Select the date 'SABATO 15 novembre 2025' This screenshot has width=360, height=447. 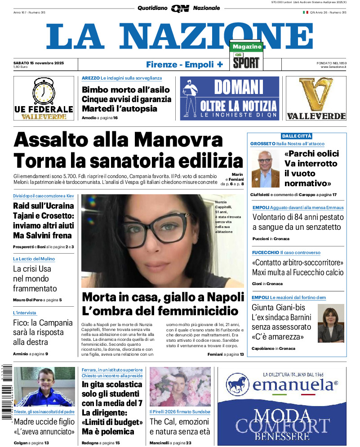(x=39, y=63)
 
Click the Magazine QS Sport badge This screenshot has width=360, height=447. (x=246, y=56)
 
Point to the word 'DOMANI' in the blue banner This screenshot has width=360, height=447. (x=238, y=87)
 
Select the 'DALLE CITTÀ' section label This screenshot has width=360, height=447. (x=297, y=136)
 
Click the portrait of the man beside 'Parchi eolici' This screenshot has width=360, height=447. (x=265, y=169)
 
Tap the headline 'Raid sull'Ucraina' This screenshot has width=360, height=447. (x=43, y=206)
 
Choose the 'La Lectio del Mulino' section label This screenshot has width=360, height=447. (x=34, y=259)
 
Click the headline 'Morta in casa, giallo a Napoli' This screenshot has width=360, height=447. (x=162, y=297)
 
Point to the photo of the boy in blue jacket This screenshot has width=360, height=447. (x=38, y=387)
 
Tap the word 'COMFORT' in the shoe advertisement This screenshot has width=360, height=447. (x=283, y=426)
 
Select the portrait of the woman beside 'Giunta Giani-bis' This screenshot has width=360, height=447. (x=330, y=323)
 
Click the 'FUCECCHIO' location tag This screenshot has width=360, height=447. (x=266, y=253)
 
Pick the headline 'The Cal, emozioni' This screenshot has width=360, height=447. (x=179, y=422)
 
